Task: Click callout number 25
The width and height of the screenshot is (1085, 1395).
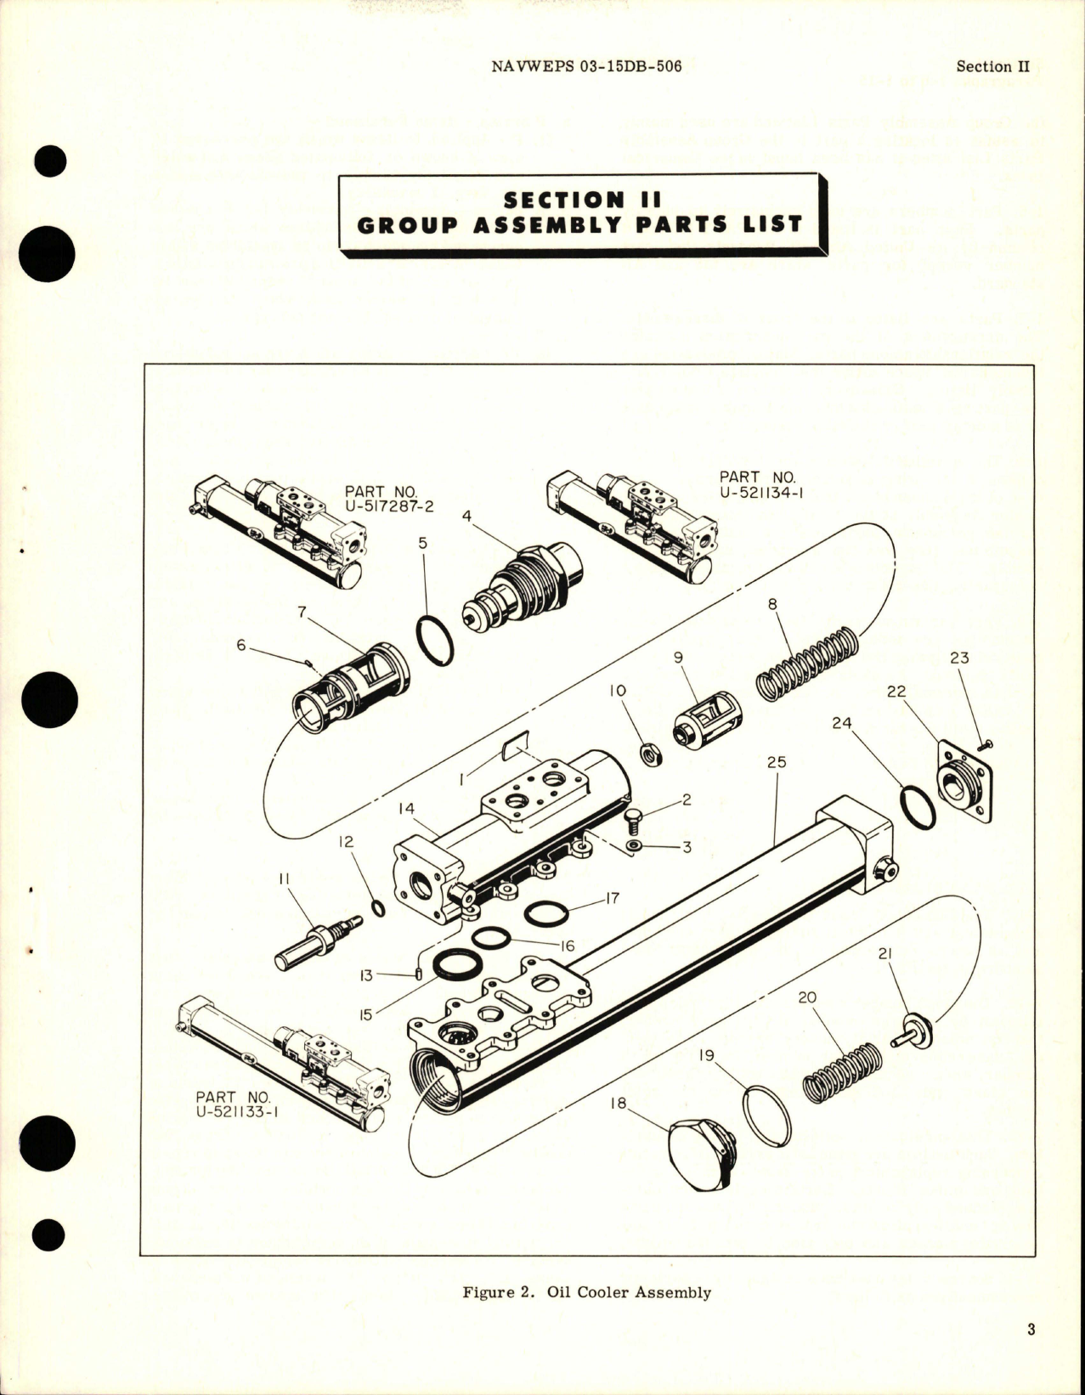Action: point(776,762)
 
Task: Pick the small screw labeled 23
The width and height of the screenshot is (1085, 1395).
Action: point(986,745)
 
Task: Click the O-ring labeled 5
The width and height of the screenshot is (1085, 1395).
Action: point(435,641)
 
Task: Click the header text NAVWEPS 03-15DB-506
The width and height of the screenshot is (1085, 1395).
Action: point(586,66)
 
